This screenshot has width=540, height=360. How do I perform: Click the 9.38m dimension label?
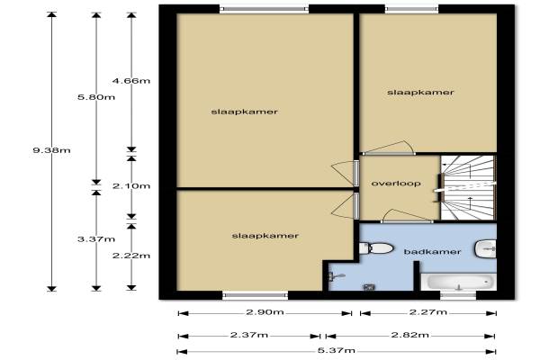click(51, 150)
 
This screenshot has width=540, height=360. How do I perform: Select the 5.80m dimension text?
click(96, 97)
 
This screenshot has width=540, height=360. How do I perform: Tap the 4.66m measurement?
click(131, 81)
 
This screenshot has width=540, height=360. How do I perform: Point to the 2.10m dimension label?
click(131, 186)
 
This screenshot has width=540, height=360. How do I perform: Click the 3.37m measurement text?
click(96, 239)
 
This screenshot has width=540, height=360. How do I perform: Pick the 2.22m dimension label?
click(131, 256)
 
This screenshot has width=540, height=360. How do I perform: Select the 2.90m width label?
click(265, 312)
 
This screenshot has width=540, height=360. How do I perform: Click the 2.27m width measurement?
click(428, 312)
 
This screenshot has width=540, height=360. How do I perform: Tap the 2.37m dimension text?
click(249, 335)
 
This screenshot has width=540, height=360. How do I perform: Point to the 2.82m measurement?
click(410, 335)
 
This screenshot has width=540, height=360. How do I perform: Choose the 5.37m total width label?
click(336, 351)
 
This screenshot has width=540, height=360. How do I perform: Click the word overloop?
click(396, 184)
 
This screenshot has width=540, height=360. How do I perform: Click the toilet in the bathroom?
click(376, 248)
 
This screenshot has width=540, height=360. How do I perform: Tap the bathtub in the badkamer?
click(459, 282)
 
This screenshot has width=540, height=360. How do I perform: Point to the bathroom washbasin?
click(486, 248)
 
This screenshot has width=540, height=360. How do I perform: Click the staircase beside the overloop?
click(468, 188)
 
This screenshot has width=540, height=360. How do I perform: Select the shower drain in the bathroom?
click(369, 286)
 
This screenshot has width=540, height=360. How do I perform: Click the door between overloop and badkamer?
click(407, 216)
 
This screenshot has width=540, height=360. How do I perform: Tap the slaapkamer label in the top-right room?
click(420, 93)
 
